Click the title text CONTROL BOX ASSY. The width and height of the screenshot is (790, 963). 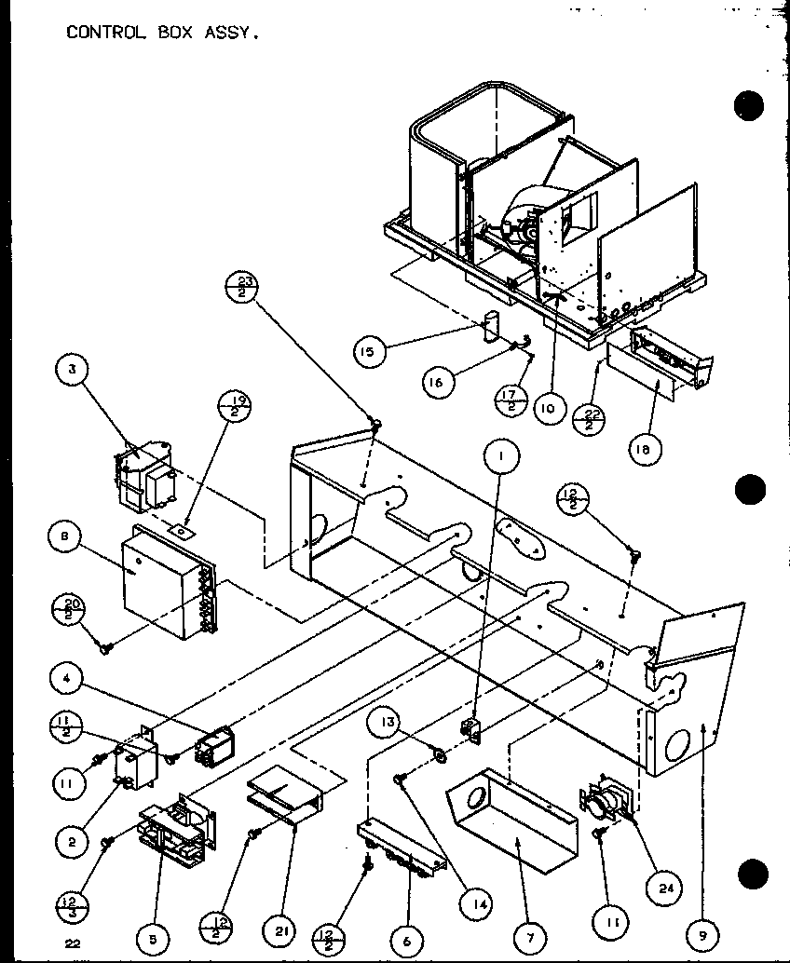coord(161,33)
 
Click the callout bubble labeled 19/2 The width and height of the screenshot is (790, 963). coord(233,410)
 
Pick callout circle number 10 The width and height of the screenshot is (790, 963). coord(551,407)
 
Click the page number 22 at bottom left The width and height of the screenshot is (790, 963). coord(73,943)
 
